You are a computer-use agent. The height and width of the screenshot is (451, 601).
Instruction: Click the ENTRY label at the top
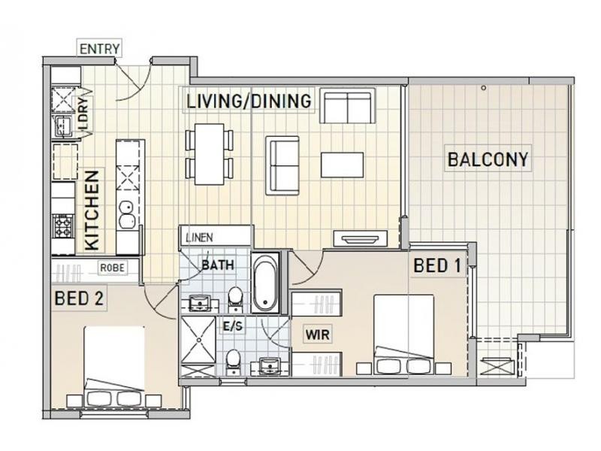[x=100, y=49]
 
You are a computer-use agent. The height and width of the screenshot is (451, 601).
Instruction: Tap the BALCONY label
[x=488, y=159]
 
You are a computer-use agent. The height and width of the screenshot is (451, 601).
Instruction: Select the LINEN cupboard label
[x=199, y=238]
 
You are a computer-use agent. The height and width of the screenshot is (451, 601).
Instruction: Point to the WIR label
[x=317, y=334]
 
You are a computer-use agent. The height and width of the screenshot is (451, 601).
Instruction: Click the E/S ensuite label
[x=233, y=326]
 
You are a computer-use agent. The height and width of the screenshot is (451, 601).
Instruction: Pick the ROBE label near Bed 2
[x=112, y=268]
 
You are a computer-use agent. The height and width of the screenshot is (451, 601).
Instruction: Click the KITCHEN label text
[x=92, y=210]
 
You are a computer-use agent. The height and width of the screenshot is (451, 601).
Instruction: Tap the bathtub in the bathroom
[x=266, y=282]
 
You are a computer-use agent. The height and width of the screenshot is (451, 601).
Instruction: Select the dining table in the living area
[x=210, y=154]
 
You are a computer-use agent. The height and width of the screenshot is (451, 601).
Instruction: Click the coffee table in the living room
[x=342, y=165]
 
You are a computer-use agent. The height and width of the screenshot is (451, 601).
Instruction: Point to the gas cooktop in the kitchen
[x=62, y=226]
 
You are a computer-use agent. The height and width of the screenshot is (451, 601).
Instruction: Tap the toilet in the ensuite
[x=233, y=362]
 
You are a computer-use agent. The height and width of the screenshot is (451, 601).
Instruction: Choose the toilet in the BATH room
[x=235, y=298]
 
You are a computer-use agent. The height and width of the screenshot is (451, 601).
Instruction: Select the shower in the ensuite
[x=198, y=340]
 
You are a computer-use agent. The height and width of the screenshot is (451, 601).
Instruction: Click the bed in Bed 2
[x=114, y=367]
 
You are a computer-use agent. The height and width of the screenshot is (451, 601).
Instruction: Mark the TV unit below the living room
[x=361, y=238]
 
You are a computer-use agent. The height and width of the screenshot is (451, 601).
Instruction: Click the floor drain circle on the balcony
[x=484, y=88]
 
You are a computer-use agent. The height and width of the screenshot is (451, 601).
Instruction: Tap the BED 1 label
[x=437, y=266]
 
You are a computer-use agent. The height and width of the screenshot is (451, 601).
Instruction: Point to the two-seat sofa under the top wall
[x=347, y=106]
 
